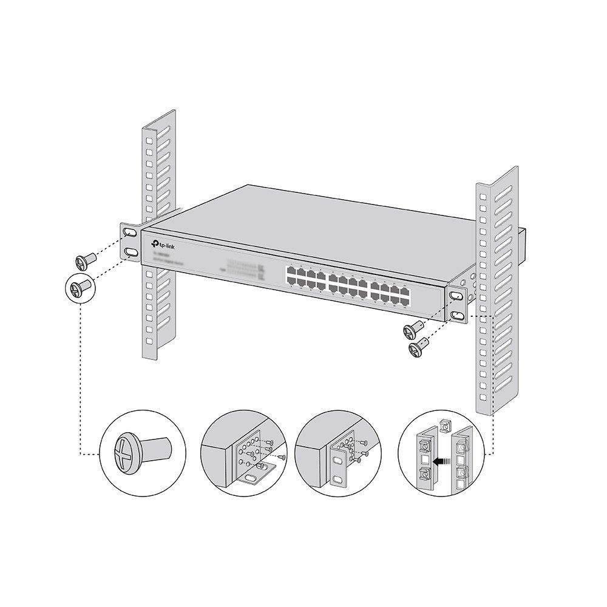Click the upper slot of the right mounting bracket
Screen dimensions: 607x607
pyautogui.click(x=456, y=297)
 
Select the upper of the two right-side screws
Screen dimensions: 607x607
pyautogui.click(x=413, y=331)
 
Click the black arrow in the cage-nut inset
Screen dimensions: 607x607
pyautogui.click(x=445, y=462)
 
